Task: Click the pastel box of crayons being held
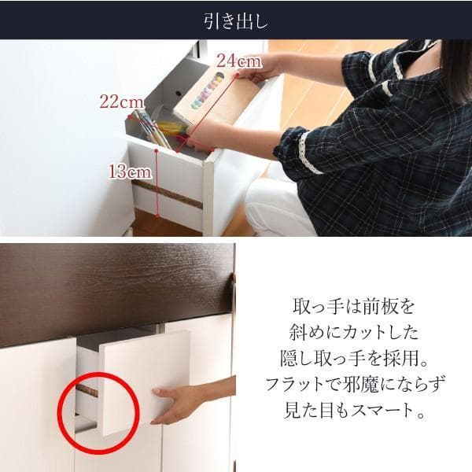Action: tap(205, 98)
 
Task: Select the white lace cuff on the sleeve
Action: tap(310, 153)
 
